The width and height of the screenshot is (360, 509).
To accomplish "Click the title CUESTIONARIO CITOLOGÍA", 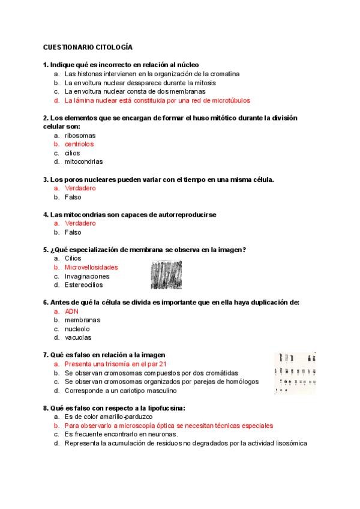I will (88, 47).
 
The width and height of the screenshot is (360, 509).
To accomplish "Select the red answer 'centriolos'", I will (79, 144).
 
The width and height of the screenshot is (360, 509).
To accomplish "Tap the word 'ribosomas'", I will (80, 136).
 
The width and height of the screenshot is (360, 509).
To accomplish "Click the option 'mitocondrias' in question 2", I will (83, 161).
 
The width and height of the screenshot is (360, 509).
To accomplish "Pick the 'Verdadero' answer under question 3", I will (80, 188).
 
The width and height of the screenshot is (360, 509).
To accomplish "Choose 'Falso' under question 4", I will (73, 232).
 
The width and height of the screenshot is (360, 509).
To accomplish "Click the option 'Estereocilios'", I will (83, 285).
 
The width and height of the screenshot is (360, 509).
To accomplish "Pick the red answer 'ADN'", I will (71, 312).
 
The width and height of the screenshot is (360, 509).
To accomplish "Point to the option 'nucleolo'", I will (78, 329).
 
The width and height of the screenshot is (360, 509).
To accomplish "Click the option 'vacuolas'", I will (78, 337).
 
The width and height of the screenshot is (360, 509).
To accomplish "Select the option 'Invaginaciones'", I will (87, 276).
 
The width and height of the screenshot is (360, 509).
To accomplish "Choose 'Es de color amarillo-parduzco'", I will (109, 417).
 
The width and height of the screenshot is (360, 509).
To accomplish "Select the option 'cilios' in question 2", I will (72, 153).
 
